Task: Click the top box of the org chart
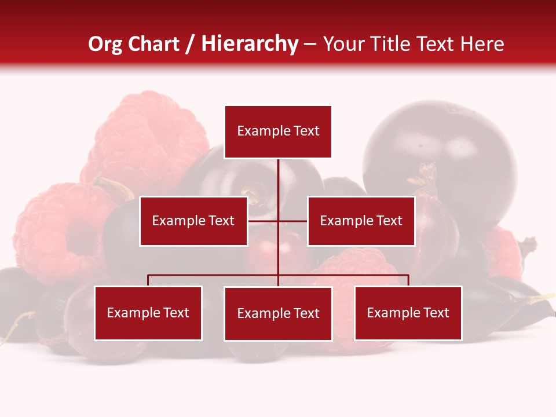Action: click(278, 131)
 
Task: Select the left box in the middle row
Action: click(193, 221)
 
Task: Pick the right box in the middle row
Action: click(361, 221)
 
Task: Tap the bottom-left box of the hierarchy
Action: click(148, 313)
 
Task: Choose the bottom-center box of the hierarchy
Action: click(278, 313)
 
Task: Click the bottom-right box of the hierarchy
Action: click(408, 313)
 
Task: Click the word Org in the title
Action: click(105, 44)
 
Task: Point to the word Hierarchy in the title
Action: click(250, 44)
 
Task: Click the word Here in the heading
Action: click(482, 44)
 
